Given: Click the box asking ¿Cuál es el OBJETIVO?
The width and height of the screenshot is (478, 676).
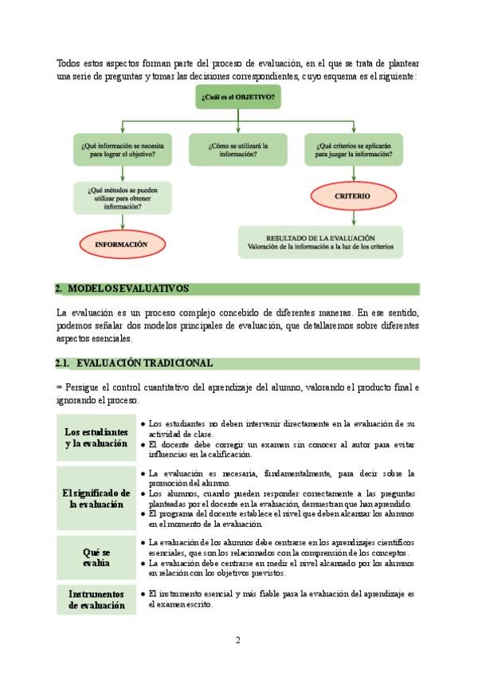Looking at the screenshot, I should pos(239,98).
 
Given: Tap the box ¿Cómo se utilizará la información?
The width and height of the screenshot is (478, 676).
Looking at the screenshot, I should pos(238,150).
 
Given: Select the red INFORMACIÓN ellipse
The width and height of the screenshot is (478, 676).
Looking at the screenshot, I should pos(122,245).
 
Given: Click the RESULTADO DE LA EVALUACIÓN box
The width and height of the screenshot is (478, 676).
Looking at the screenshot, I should pos(321,242).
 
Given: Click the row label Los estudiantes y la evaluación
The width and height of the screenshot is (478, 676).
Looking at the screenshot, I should pos(96,438).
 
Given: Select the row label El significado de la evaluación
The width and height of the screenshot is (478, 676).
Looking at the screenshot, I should pos(96,498).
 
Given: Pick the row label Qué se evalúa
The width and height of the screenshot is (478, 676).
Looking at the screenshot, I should pos(96,557).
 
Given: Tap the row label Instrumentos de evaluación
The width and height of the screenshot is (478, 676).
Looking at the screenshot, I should pos(96,599).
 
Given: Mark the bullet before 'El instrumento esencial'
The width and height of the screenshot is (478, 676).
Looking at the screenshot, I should pos(142,594).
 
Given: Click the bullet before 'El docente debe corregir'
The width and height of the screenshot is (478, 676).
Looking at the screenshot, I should pos(142,443).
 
